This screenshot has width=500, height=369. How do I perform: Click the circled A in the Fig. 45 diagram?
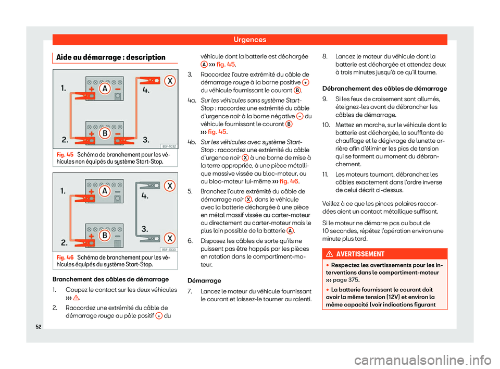point(105,89)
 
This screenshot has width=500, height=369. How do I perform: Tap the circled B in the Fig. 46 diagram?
point(105,236)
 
